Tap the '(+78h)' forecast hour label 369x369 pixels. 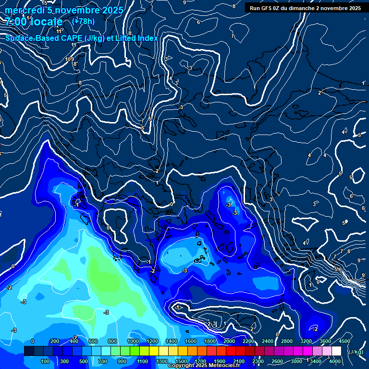tap(83, 21)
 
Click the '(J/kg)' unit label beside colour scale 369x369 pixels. tap(355, 352)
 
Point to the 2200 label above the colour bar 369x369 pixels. tap(248, 341)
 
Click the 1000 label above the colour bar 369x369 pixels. tap(133, 341)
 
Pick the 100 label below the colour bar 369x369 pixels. tap(45, 361)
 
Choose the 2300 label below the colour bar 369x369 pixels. tap(258, 361)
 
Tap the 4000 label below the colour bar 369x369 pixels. tap(334, 361)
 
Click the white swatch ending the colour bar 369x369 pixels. tap(336, 351)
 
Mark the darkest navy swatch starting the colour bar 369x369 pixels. tap(29, 351)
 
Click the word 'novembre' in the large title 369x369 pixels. tap(77, 10)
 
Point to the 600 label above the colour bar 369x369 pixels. tap(93, 341)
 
